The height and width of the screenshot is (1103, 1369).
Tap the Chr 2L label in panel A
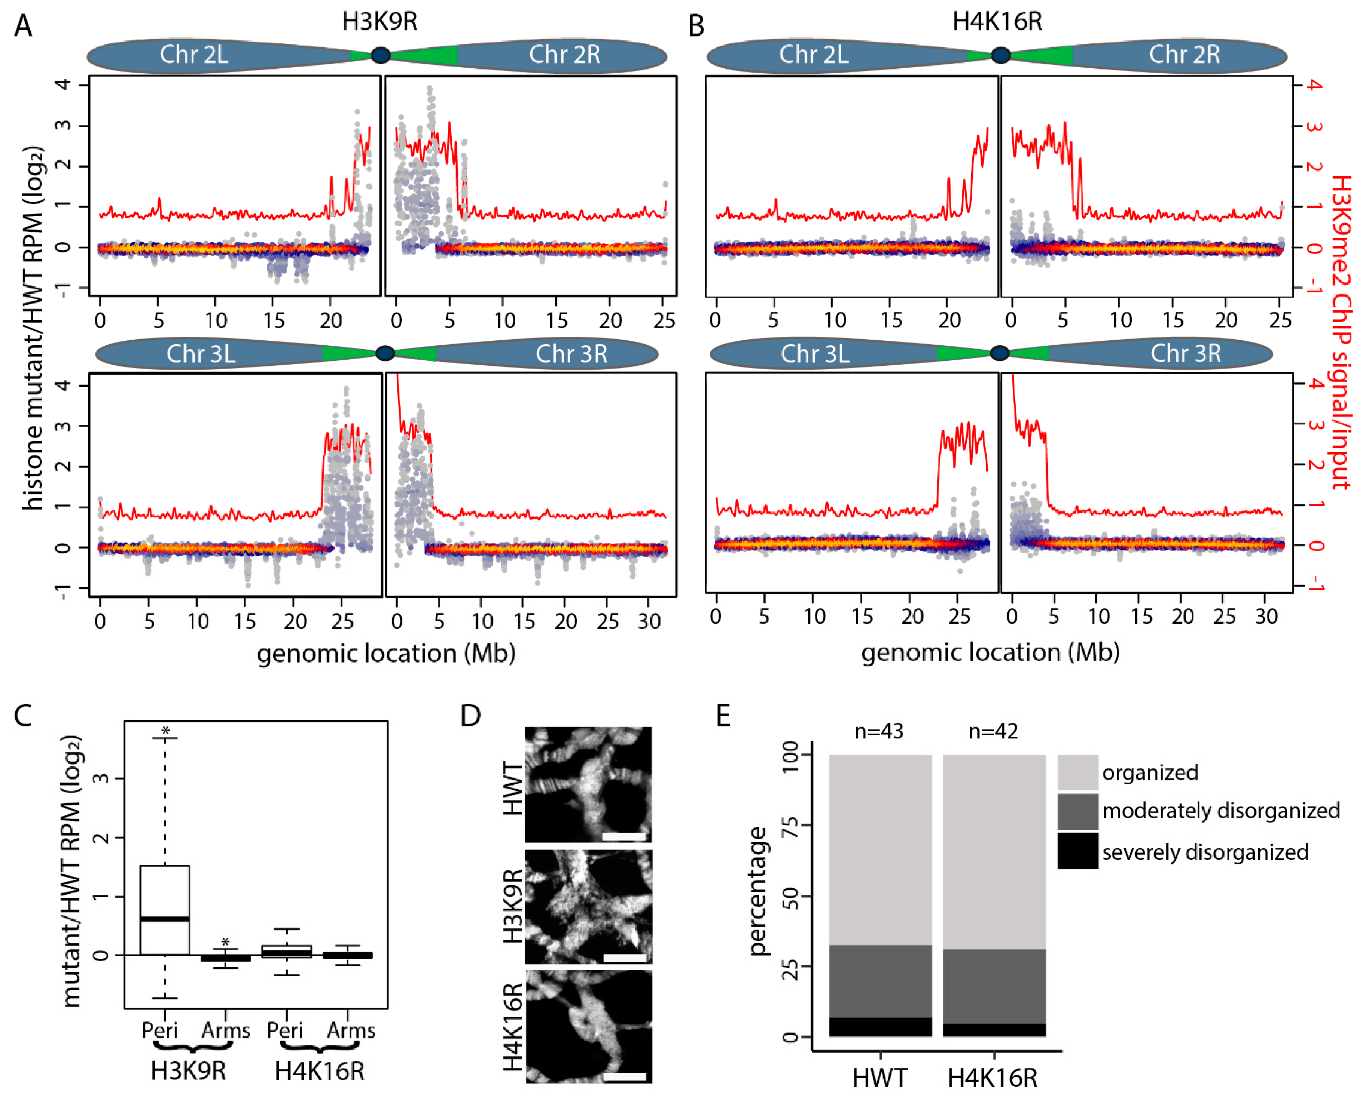194,55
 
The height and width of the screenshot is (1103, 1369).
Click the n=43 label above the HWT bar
879,731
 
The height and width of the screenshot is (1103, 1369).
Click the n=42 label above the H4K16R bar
993,731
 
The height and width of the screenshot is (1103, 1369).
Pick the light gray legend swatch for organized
1078,772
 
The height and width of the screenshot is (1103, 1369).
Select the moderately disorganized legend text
1221,811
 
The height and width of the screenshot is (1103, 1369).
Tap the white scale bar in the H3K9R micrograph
624,958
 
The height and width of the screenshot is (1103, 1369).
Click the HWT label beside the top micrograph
512,788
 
